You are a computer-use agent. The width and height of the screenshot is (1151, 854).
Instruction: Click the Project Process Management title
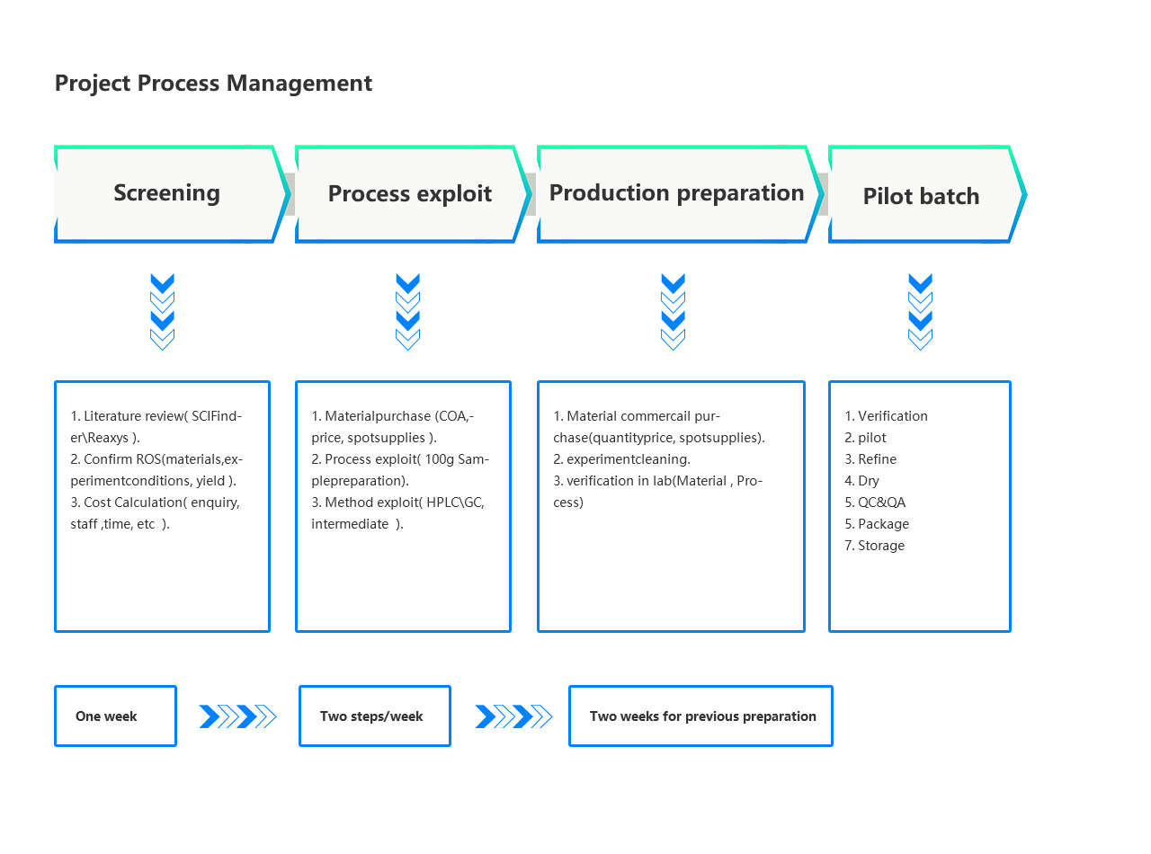[213, 84]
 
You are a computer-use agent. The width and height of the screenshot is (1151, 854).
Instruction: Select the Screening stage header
[171, 193]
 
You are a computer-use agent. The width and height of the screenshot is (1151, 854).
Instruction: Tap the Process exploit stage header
[413, 193]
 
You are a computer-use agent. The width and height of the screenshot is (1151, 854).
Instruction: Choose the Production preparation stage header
[679, 193]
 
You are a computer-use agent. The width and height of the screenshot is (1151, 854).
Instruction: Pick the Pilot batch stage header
[926, 193]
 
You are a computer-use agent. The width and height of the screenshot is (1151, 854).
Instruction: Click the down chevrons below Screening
[162, 311]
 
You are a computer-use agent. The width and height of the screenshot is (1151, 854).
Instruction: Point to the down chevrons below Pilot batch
[920, 311]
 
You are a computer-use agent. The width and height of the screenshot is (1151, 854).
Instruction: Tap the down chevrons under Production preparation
[673, 311]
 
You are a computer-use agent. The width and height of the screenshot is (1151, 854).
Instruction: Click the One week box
[115, 716]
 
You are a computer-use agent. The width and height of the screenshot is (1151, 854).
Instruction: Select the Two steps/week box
[374, 716]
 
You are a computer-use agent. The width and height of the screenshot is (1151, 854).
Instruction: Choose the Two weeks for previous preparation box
[700, 716]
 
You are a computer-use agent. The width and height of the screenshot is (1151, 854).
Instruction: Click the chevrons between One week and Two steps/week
[237, 716]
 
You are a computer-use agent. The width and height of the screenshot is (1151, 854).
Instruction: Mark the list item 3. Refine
[870, 459]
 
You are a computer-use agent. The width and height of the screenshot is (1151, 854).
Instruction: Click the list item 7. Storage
[874, 546]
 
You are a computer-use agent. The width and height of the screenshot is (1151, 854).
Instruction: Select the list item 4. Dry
[861, 481]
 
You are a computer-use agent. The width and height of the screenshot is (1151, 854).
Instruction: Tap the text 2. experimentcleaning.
[621, 459]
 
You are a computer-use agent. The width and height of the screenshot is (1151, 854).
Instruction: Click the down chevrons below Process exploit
[407, 311]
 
